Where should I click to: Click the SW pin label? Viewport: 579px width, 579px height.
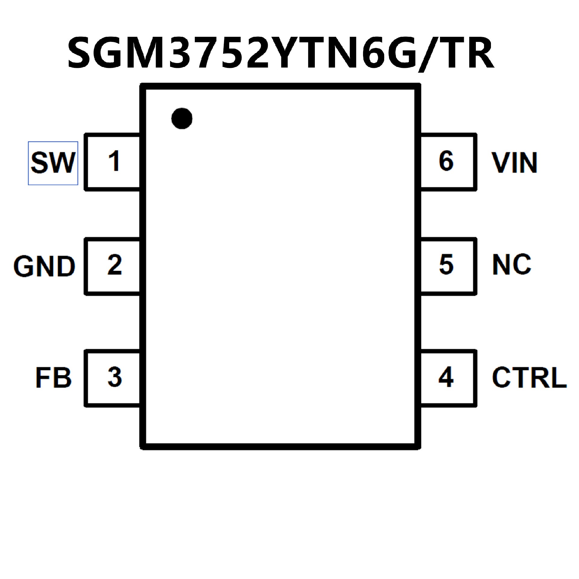click(x=53, y=163)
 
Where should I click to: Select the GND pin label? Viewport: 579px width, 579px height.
click(x=44, y=267)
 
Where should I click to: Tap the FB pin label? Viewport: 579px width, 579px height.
click(x=53, y=378)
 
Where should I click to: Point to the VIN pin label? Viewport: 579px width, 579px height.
click(x=514, y=163)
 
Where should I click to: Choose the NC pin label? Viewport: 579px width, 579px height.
click(x=511, y=264)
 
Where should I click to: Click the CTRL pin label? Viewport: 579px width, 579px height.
click(x=529, y=378)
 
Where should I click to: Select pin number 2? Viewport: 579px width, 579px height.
click(x=115, y=265)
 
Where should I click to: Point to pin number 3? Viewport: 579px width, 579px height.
click(x=115, y=377)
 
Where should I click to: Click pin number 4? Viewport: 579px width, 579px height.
click(x=446, y=377)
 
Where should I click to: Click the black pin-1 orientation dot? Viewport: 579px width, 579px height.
click(x=182, y=118)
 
